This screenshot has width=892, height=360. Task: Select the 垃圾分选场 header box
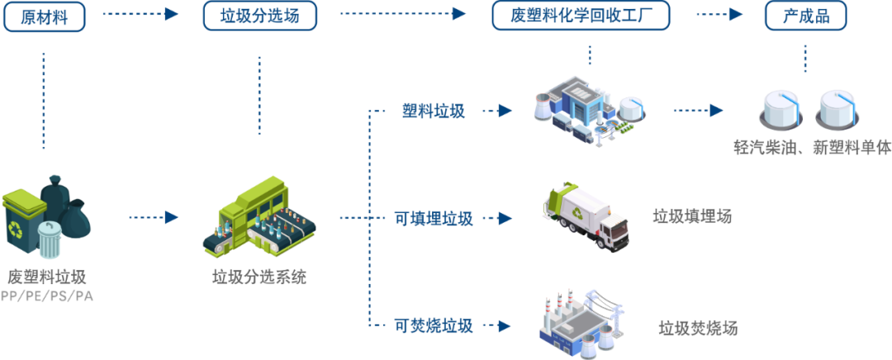pyautogui.click(x=260, y=16)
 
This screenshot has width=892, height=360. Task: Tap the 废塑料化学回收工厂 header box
pyautogui.click(x=580, y=16)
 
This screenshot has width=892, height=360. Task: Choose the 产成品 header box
pyautogui.click(x=804, y=16)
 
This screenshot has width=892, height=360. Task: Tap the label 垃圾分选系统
pyautogui.click(x=259, y=277)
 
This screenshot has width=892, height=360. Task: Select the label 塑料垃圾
pyautogui.click(x=434, y=111)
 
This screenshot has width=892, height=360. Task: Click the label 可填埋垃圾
pyautogui.click(x=434, y=219)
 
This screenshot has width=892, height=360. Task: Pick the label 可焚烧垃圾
pyautogui.click(x=434, y=325)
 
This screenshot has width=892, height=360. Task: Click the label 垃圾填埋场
pyautogui.click(x=692, y=216)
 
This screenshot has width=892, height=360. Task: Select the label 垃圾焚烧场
pyautogui.click(x=698, y=328)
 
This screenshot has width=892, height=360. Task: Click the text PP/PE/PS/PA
pyautogui.click(x=47, y=296)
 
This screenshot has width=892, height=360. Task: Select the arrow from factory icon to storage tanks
pyautogui.click(x=698, y=110)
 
